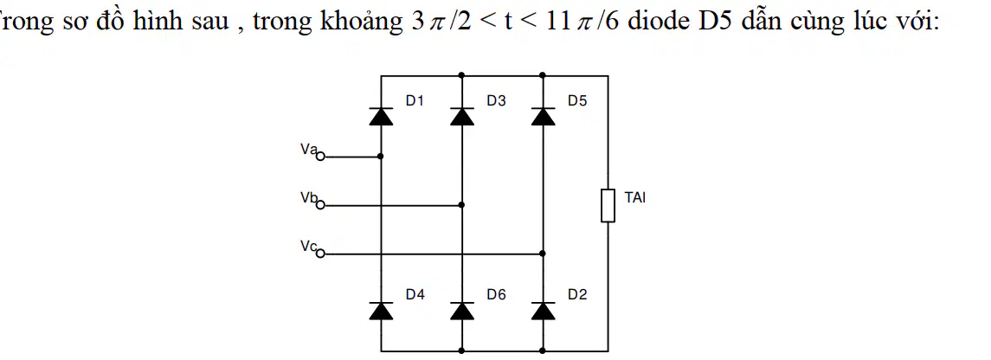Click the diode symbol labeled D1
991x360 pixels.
point(381,117)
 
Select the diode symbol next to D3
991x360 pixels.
point(462,117)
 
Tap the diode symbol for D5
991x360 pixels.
point(544,117)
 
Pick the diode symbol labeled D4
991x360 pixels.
point(381,311)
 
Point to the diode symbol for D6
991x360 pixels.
point(462,311)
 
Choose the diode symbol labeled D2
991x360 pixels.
point(544,311)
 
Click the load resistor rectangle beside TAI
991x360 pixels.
point(608,204)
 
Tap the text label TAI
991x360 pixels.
point(635,197)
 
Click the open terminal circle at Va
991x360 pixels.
point(320,156)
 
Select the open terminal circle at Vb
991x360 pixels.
point(320,204)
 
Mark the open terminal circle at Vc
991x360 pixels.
point(320,254)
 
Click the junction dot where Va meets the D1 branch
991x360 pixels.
point(381,156)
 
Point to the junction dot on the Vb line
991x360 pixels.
point(462,204)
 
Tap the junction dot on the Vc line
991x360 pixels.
point(544,254)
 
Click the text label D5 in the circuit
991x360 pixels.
point(577,100)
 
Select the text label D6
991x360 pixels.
point(496,294)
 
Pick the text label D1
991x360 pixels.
point(415,100)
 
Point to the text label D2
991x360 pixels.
point(577,294)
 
